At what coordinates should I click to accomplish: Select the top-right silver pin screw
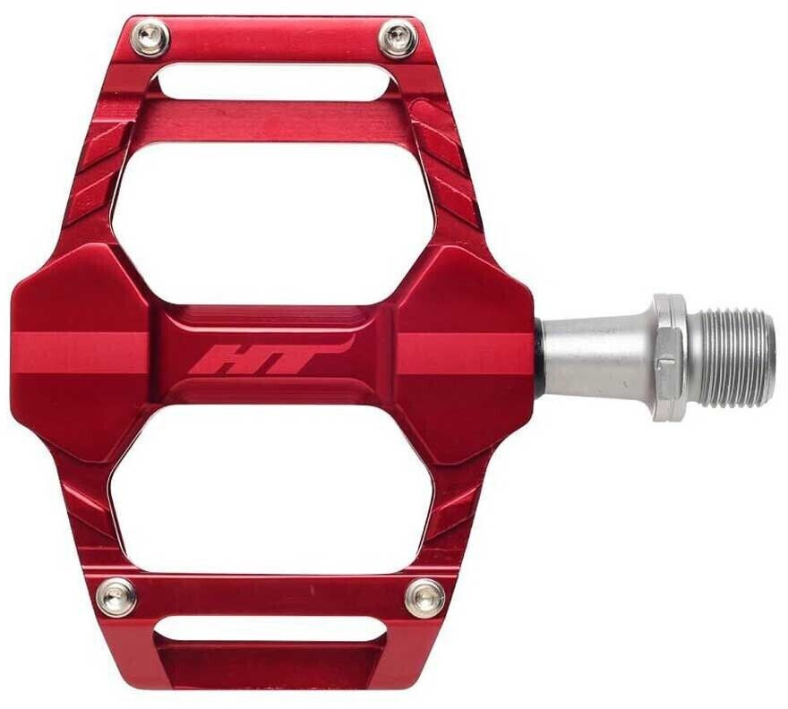pyautogui.click(x=397, y=38)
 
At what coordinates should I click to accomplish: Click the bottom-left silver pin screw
pyautogui.click(x=116, y=596)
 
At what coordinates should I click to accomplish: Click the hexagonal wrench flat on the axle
pyautogui.click(x=668, y=357)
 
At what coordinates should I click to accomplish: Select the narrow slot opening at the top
pyautogui.click(x=276, y=84)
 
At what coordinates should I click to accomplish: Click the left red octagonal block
pyautogui.click(x=81, y=354)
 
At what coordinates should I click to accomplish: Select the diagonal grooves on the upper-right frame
pyautogui.click(x=448, y=157)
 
